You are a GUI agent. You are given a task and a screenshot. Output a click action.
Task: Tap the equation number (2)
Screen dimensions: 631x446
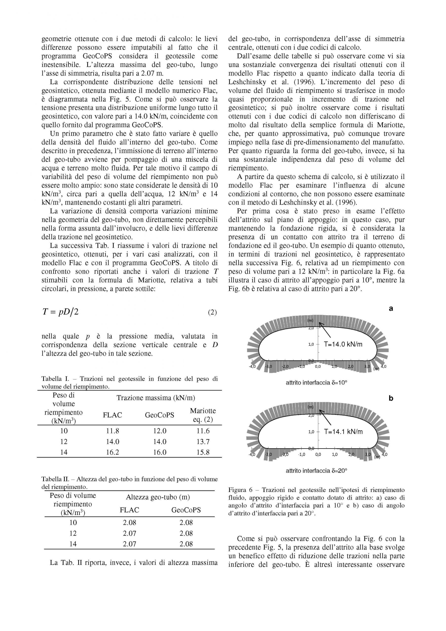[x=212, y=313]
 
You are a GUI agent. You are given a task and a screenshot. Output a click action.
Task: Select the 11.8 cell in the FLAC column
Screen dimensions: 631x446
[x=112, y=431]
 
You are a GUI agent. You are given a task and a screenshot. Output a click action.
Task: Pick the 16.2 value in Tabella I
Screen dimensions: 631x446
[x=112, y=452]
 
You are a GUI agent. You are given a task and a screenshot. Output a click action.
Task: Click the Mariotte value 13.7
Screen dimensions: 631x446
[x=203, y=441]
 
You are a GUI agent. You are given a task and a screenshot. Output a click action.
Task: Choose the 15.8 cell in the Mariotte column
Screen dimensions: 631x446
[x=203, y=452]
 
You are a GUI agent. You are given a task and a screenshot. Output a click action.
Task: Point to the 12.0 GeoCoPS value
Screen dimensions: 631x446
[x=160, y=431]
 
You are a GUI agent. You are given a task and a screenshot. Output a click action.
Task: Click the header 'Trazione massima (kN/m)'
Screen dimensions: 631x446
[x=156, y=398]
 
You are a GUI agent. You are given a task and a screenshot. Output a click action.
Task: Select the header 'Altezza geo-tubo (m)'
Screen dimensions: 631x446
[x=158, y=497]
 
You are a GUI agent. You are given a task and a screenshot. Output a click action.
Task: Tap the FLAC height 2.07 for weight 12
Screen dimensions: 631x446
[x=129, y=533]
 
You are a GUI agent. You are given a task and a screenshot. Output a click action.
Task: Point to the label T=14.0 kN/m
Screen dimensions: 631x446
[x=343, y=344]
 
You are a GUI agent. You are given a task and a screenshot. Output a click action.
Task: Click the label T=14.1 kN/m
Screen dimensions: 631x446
[x=343, y=432]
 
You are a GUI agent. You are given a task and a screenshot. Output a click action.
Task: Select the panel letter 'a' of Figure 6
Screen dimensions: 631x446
[x=391, y=309]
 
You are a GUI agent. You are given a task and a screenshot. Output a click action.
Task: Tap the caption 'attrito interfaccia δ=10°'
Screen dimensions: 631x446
[x=317, y=382]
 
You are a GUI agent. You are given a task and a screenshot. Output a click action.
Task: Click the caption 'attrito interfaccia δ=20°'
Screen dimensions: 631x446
[x=317, y=471]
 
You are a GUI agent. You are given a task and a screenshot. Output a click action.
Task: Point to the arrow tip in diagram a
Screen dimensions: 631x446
[x=320, y=325]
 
